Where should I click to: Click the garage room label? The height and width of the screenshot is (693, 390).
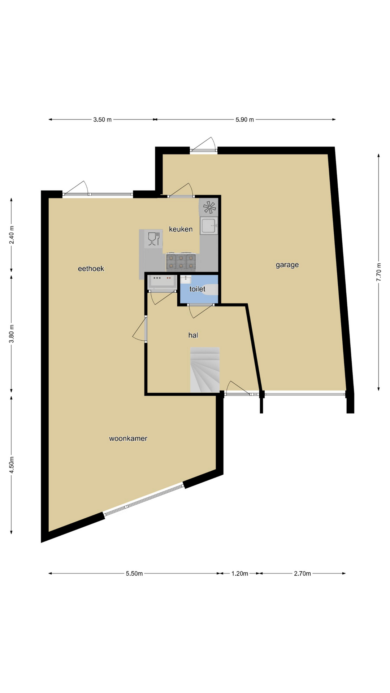click(x=287, y=265)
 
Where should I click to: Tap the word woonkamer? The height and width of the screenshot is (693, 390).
click(x=128, y=439)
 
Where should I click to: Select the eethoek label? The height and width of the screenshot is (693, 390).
click(x=91, y=269)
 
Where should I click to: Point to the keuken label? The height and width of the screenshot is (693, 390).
click(x=181, y=229)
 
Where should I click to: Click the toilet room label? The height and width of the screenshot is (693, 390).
click(x=197, y=289)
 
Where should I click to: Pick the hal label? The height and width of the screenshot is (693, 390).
click(x=193, y=335)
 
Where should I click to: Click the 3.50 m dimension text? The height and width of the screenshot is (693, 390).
click(x=102, y=120)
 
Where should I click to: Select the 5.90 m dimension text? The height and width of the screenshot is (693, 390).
click(x=245, y=120)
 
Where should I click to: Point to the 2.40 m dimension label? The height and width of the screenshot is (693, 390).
click(x=12, y=235)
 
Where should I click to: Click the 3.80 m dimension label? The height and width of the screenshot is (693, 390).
click(x=12, y=334)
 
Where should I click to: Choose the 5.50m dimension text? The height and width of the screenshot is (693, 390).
click(x=134, y=574)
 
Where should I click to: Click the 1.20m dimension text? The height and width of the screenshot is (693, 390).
click(x=240, y=574)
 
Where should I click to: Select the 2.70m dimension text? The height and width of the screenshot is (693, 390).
click(x=302, y=574)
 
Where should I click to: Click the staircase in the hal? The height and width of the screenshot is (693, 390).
click(x=205, y=370)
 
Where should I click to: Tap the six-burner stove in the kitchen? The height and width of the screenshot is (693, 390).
click(x=181, y=262)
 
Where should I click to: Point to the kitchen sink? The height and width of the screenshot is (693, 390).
click(x=209, y=226)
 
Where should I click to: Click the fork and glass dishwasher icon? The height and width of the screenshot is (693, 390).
click(x=153, y=239)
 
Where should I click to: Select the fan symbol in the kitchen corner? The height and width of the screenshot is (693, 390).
click(x=209, y=207)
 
